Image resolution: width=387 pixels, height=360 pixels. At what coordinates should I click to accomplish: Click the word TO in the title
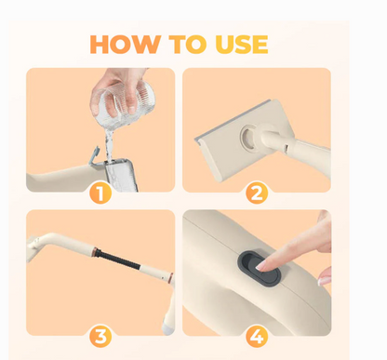click(x=188, y=45)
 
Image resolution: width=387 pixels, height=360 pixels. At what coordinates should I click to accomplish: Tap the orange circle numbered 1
click(x=100, y=193)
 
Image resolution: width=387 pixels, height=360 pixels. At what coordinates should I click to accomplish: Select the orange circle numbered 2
click(x=257, y=193)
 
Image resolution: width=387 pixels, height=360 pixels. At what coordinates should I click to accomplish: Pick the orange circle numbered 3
click(x=100, y=336)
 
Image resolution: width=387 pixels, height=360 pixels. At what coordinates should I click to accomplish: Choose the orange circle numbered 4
click(x=257, y=336)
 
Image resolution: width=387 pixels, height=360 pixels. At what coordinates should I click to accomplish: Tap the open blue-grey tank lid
click(x=94, y=155)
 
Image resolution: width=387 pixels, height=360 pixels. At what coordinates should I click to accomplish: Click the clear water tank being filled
click(x=121, y=175)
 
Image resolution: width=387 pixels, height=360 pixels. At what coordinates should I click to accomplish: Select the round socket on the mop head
click(x=251, y=138)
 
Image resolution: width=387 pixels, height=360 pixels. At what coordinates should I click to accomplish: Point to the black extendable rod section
click(x=119, y=260)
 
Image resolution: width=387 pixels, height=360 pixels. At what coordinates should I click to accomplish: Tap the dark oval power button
click(x=259, y=269)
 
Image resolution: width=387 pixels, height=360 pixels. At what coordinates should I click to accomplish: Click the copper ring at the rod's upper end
click(x=95, y=249)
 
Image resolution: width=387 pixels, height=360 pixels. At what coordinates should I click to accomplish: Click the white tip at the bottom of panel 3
click(x=167, y=329)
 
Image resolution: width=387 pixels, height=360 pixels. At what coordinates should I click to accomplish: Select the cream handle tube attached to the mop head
click(x=298, y=149)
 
